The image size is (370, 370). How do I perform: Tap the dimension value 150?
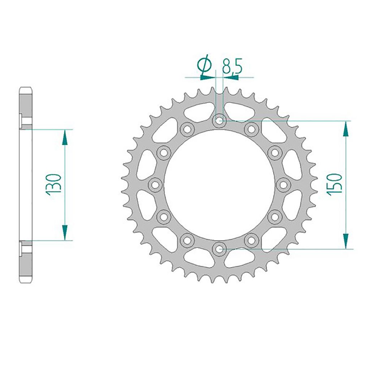[334, 184]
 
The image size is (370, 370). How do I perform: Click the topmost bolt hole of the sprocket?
[219, 121]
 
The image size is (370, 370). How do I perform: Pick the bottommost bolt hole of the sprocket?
[219, 249]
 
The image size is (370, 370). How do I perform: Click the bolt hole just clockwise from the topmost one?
[251, 129]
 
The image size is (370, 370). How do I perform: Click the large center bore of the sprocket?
[219, 185]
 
